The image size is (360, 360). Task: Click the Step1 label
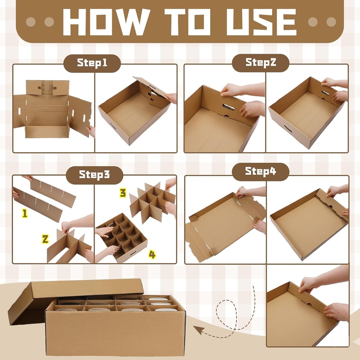(92, 63)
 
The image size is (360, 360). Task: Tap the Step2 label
(261, 63)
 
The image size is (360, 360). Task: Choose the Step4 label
(261, 172)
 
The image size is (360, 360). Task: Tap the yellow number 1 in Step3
(25, 213)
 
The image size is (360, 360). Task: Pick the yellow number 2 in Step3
(45, 239)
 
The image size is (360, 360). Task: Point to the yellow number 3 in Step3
(123, 193)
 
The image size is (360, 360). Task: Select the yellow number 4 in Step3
(152, 255)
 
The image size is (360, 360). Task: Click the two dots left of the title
(40, 22)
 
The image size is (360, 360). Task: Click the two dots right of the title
(322, 22)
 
